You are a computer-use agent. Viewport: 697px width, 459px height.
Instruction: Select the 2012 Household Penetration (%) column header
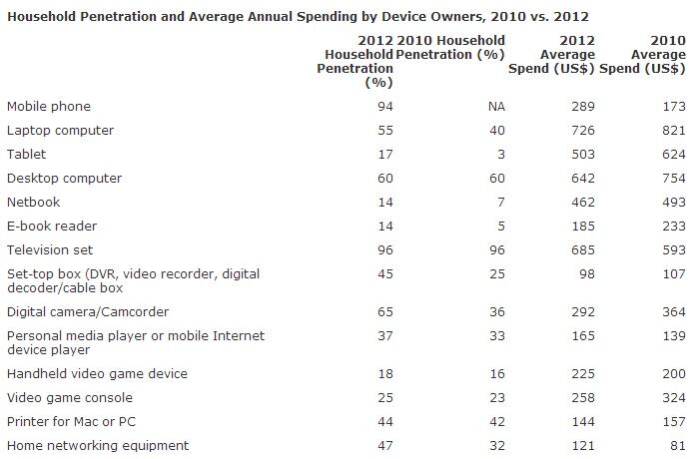click(x=355, y=61)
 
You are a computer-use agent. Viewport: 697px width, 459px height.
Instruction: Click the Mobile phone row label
click(x=49, y=106)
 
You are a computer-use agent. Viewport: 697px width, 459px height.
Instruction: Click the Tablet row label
click(x=27, y=155)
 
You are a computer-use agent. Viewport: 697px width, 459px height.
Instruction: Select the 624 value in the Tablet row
click(x=673, y=155)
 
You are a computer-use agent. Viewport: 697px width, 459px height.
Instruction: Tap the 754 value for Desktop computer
click(x=673, y=179)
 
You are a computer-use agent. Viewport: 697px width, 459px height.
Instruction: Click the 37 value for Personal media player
click(x=385, y=336)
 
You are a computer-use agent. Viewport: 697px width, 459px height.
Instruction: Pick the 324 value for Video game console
click(x=673, y=398)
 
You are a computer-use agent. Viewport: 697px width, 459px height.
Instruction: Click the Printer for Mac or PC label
click(x=67, y=422)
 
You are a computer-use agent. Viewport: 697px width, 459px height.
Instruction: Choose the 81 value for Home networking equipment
click(x=677, y=446)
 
